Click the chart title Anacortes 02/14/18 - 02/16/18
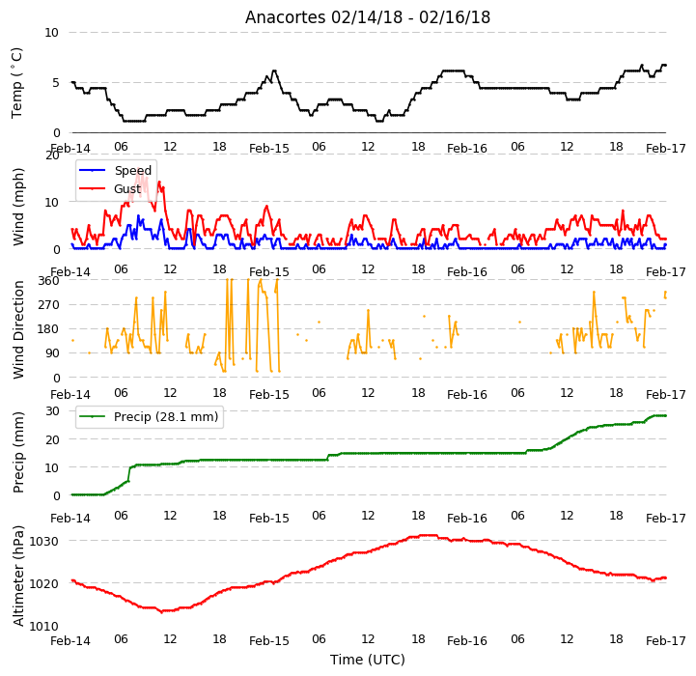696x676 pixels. [x=368, y=17]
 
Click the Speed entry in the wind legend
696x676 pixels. [x=132, y=171]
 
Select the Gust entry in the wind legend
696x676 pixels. [x=127, y=188]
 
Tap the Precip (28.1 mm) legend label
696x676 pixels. [x=166, y=416]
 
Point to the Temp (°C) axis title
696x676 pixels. [x=16, y=83]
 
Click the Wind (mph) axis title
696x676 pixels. [x=17, y=207]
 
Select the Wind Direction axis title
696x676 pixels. [x=17, y=329]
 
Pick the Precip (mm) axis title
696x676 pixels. [x=17, y=452]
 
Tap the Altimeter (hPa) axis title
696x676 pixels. [x=17, y=577]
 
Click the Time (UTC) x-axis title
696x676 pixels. [x=368, y=660]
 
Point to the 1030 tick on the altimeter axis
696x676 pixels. [x=44, y=542]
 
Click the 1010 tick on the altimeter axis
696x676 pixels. [x=44, y=626]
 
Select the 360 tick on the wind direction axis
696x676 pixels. [x=48, y=281]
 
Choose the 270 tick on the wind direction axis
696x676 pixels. [x=48, y=305]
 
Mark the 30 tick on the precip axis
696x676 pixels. [x=52, y=410]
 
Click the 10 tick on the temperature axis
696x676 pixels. [x=51, y=33]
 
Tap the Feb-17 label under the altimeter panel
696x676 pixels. [x=666, y=641]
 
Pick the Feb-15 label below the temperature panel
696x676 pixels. [x=269, y=149]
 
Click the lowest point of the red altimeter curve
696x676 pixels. [x=162, y=611]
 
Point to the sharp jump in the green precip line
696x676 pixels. [x=129, y=474]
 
